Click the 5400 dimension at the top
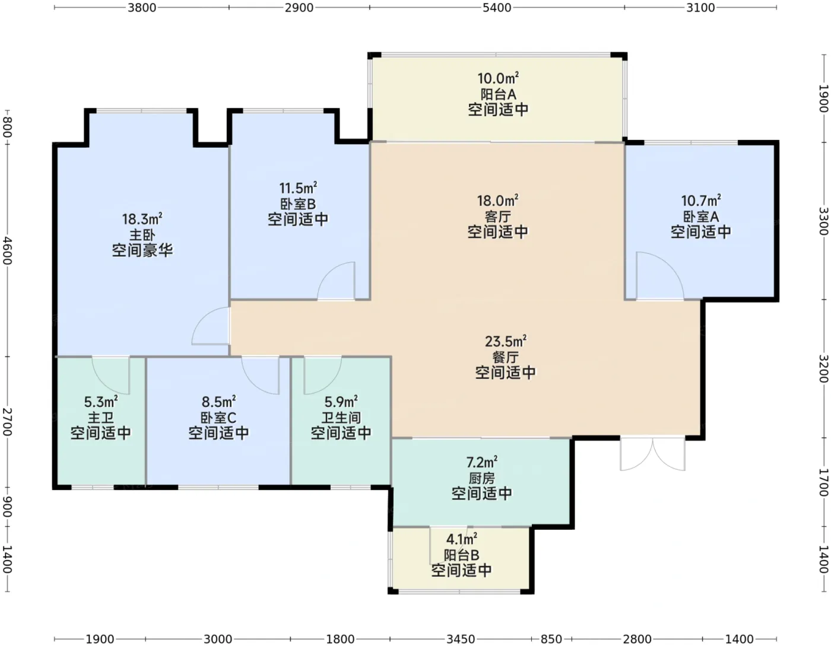pos(497,8)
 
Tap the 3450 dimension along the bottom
pos(461,639)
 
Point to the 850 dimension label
pos(551,639)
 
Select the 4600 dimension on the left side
pos(8,250)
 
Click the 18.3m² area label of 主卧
pos(142,219)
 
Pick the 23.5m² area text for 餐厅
pos(506,341)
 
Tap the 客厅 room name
pos(497,217)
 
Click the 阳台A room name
pos(498,94)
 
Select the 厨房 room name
pos(482,478)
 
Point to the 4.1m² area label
pos(462,539)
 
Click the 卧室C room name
pos(218,418)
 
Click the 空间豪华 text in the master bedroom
pos(142,250)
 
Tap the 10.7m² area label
pos(701,201)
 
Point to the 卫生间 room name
pos(341,418)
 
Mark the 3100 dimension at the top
pos(700,8)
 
